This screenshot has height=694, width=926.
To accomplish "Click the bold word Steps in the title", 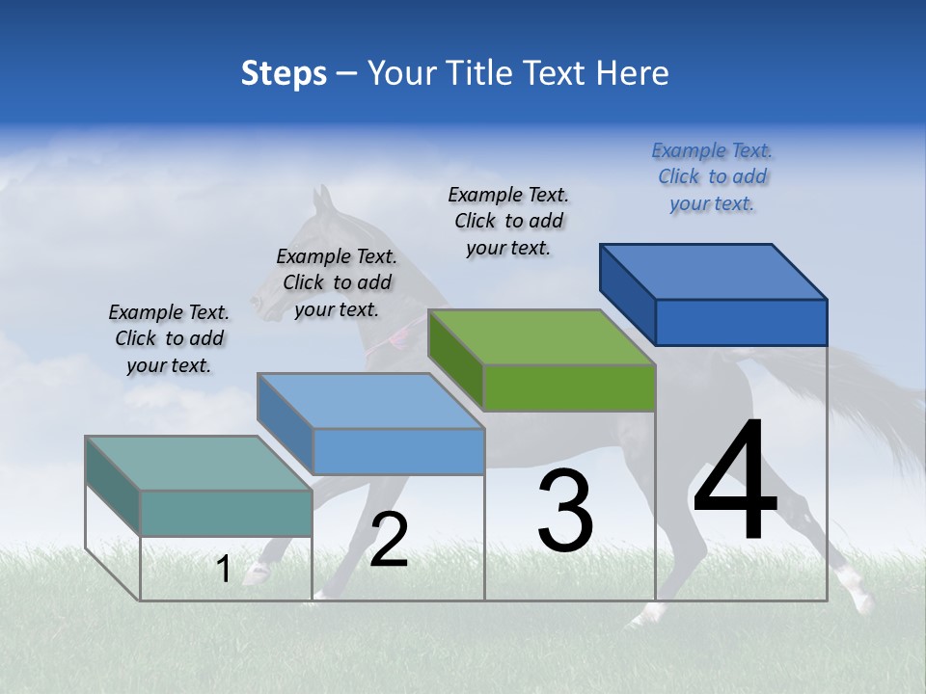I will (x=284, y=73).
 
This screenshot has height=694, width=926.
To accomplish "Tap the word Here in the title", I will (x=633, y=73).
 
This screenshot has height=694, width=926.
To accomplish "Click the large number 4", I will (x=735, y=482).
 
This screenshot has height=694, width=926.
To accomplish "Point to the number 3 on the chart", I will (x=565, y=511).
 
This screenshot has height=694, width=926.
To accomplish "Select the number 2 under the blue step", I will (x=389, y=540).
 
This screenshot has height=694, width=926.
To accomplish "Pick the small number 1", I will (x=224, y=570).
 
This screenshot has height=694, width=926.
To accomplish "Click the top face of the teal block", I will (x=199, y=464).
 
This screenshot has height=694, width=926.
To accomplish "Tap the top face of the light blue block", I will (x=370, y=401).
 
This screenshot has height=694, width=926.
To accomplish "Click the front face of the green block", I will (x=569, y=388).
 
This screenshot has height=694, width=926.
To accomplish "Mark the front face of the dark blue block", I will (x=741, y=322).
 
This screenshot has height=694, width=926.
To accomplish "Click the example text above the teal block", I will (x=169, y=338).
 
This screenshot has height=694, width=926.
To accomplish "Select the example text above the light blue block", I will (x=337, y=282).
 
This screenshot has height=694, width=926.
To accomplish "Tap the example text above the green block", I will (x=508, y=221).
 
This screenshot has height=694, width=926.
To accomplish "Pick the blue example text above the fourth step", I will (x=712, y=176).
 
